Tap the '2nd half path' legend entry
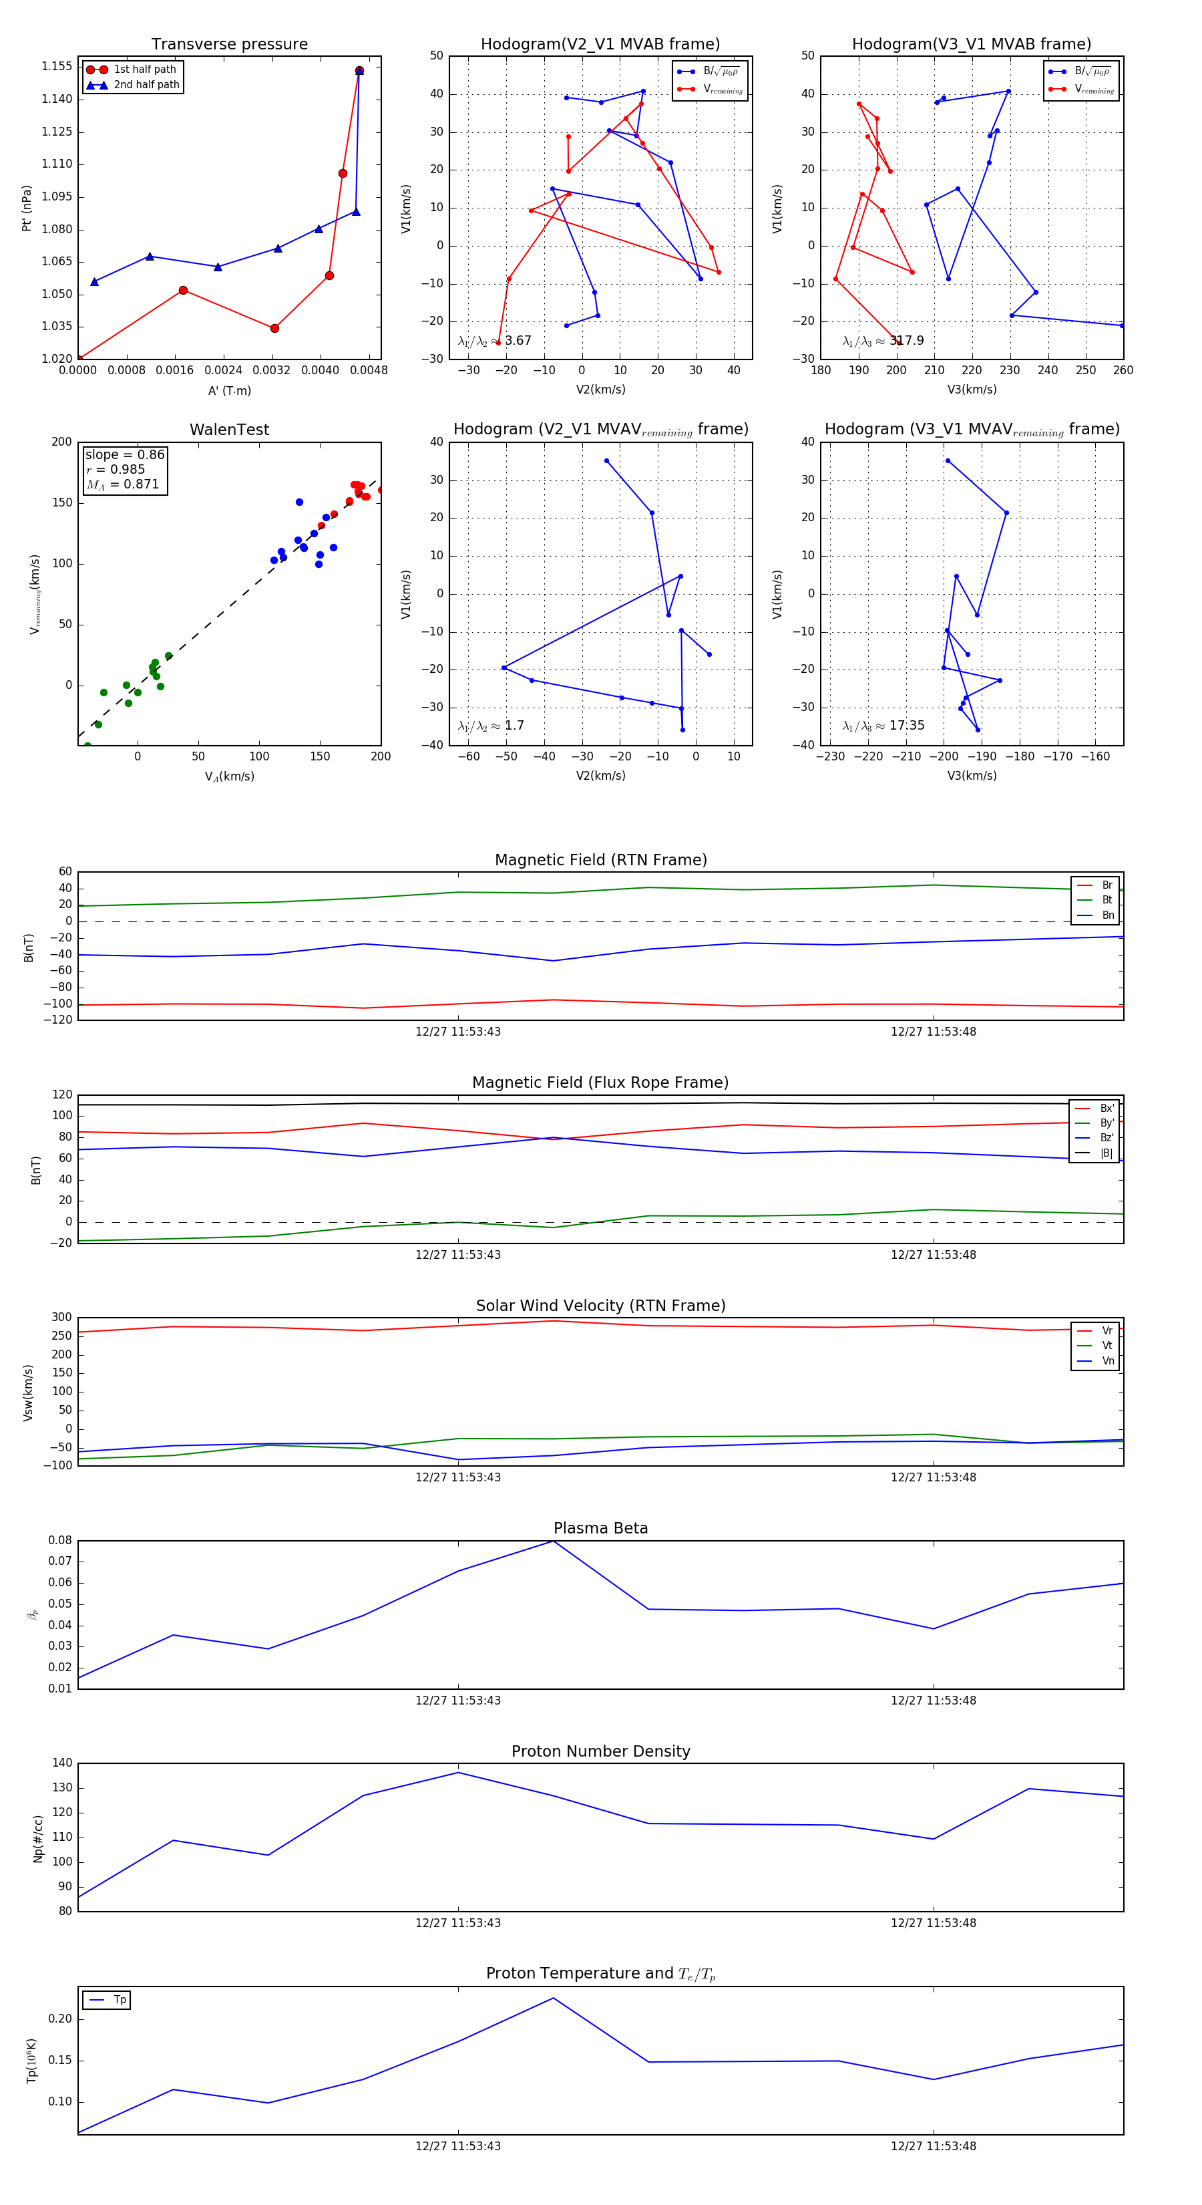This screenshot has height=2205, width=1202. (x=146, y=85)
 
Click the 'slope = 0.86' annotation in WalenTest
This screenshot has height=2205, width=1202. (x=125, y=454)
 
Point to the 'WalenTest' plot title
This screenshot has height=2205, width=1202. (x=229, y=430)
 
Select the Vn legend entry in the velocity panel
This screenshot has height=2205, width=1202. (x=1107, y=1361)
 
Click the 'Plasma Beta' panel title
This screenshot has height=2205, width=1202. (x=600, y=1528)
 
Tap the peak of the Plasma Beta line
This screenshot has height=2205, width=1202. (x=554, y=1541)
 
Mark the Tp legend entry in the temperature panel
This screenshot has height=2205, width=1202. (x=119, y=2000)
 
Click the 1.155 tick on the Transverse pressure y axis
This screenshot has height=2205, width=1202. (x=57, y=66)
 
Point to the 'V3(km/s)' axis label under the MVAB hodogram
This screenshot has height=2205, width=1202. (x=971, y=390)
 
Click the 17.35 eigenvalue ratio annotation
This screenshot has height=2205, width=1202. (x=906, y=726)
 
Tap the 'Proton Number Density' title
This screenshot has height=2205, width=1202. (x=600, y=1751)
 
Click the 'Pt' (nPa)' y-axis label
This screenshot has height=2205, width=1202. (x=27, y=208)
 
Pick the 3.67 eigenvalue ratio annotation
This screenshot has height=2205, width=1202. (x=518, y=341)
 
